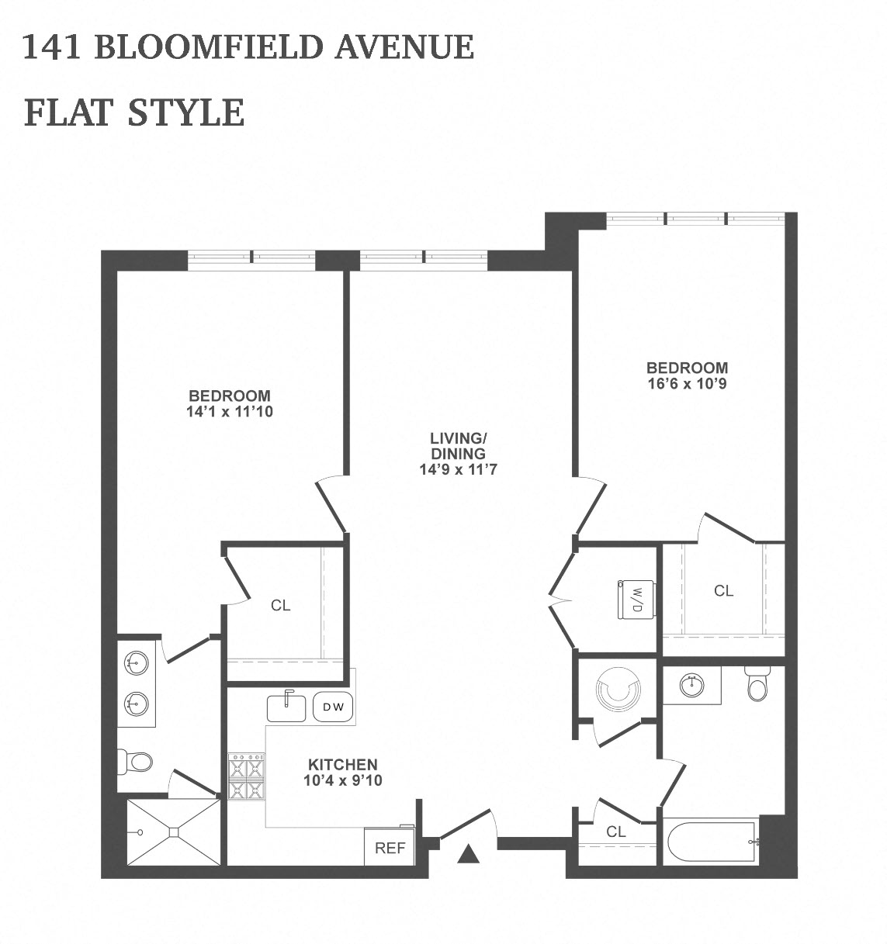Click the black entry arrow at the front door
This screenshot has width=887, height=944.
(x=468, y=853)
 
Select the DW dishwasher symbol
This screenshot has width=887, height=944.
(x=333, y=707)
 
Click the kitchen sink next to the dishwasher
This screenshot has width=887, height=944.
(x=286, y=707)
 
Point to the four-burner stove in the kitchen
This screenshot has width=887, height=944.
(x=246, y=776)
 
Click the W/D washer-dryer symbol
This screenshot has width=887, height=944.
(x=636, y=600)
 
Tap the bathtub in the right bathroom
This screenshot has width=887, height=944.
(x=711, y=842)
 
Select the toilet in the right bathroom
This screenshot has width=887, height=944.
(x=757, y=683)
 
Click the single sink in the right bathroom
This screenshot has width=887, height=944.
(x=692, y=686)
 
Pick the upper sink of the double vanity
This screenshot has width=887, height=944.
(x=137, y=662)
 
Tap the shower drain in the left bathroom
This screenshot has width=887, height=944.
(x=174, y=832)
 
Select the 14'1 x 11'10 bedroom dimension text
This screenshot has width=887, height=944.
(x=230, y=412)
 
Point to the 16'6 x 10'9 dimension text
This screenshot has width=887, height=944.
(x=688, y=384)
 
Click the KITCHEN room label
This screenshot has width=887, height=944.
(x=342, y=765)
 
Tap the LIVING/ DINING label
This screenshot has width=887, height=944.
(x=458, y=445)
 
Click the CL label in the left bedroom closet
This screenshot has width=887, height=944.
(x=280, y=605)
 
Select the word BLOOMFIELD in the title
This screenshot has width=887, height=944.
(x=210, y=47)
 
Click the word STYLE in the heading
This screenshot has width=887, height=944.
(x=186, y=112)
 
